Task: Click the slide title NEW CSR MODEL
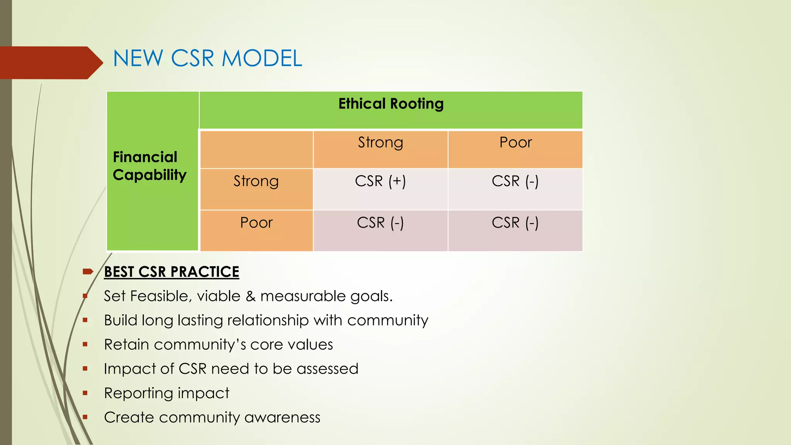click(x=207, y=59)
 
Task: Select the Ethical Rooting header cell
click(x=391, y=104)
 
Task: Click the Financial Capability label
click(x=149, y=166)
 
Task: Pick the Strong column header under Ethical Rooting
click(x=380, y=143)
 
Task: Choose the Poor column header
click(x=515, y=143)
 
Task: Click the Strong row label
click(x=256, y=181)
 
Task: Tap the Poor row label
click(x=256, y=223)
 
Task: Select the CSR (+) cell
click(x=380, y=181)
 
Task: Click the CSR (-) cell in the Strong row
click(x=515, y=181)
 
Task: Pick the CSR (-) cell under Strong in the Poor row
click(x=380, y=223)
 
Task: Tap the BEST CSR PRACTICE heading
click(x=171, y=272)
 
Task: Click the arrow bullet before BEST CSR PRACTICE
click(x=88, y=272)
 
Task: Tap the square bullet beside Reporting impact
click(x=85, y=393)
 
